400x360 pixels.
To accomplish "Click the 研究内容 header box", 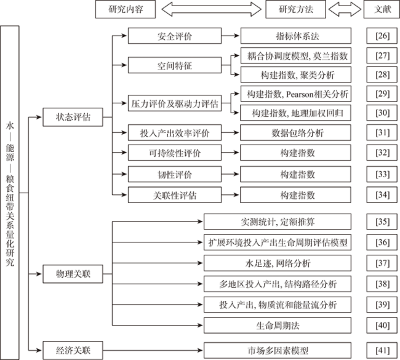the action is tap(126, 9).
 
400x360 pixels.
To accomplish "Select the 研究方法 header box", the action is tap(295, 9).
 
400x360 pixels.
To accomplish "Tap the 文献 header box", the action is tap(382, 9).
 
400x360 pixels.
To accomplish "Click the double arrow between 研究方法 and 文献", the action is tap(345, 9).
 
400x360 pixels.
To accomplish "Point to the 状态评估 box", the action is tap(73, 117).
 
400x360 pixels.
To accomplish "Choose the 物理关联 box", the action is tap(73, 274).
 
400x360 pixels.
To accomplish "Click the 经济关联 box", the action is tap(73, 350).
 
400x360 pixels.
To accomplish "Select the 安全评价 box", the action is tap(175, 36).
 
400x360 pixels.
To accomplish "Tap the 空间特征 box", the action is tap(175, 65).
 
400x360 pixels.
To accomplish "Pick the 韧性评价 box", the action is tap(175, 174).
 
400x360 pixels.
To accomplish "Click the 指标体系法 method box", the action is tap(295, 36).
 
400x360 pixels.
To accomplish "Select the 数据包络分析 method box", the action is tap(295, 133).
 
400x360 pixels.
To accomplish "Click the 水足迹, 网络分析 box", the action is tap(278, 263).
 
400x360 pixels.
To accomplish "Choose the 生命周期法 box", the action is tap(278, 326).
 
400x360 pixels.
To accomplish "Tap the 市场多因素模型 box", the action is tap(278, 351).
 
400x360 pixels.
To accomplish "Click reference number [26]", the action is tap(382, 36).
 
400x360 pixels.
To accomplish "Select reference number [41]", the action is tap(382, 351).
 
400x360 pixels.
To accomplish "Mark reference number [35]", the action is tap(382, 222).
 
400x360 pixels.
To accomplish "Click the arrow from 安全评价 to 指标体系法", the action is tap(230, 36).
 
